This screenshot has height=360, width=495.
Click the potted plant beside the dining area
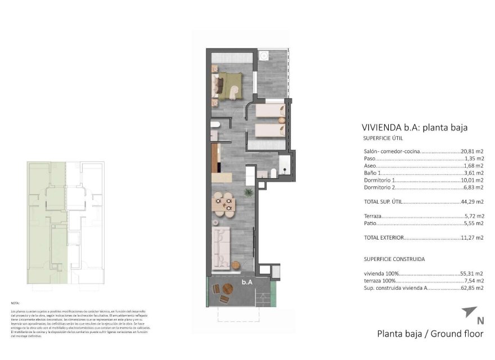tap(246, 193)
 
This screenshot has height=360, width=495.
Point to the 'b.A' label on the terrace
tap(246, 282)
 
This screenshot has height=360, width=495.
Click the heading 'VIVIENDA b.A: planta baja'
tap(414, 127)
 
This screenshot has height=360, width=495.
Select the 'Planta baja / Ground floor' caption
tap(430, 334)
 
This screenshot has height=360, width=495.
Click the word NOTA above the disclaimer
tap(15, 303)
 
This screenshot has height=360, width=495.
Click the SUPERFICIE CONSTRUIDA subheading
tap(394, 259)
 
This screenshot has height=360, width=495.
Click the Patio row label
tap(370, 223)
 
